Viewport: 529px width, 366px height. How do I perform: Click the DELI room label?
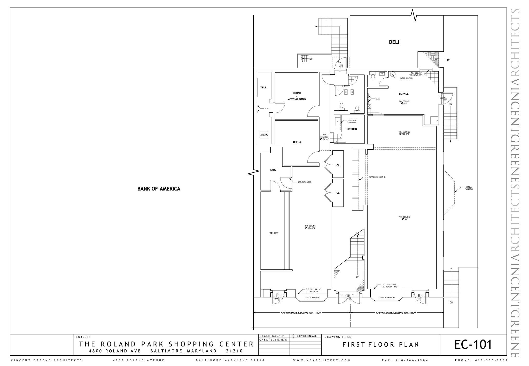pos(394,42)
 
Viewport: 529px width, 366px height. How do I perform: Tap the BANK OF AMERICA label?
pos(159,189)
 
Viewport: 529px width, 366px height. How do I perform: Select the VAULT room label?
pos(274,170)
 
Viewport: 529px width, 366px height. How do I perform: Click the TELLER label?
pos(274,233)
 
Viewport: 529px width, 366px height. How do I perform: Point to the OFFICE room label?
pos(297,142)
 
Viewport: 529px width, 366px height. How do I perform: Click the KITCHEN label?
pos(352,129)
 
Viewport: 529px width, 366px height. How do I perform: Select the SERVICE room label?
pos(403,94)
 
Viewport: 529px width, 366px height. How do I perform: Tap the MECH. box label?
pos(264,135)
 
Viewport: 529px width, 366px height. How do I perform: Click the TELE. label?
pos(263,88)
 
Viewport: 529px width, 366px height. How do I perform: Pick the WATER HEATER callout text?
pos(406,78)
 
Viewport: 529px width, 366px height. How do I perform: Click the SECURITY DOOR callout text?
pos(304,182)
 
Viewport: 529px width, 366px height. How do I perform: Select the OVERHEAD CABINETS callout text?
pos(352,121)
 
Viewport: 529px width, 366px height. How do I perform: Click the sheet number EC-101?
pos(473,345)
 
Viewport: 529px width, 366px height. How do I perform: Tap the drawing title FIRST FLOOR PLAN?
pos(380,345)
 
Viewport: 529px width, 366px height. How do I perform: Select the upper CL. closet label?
pos(338,165)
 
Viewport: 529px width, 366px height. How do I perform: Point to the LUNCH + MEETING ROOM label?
pos(297,96)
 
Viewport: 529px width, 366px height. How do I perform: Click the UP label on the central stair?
pos(357,277)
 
